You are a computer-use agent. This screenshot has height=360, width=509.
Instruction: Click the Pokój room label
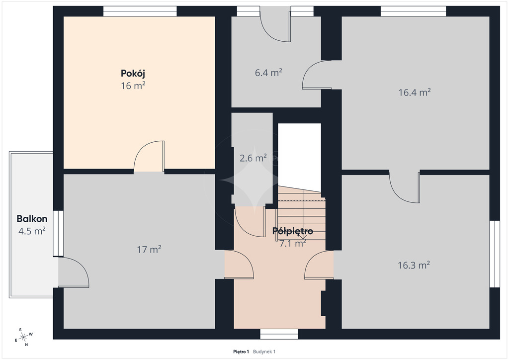click(x=133, y=74)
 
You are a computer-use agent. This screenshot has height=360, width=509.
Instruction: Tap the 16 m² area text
click(x=133, y=86)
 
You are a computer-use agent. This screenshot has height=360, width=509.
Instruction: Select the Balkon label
click(x=32, y=218)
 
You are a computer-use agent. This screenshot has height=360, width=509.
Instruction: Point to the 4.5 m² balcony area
click(x=32, y=231)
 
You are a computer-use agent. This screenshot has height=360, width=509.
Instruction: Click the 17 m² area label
click(x=149, y=249)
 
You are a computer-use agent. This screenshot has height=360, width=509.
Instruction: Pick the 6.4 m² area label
click(x=268, y=73)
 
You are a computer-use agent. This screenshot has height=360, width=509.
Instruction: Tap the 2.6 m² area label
click(x=253, y=158)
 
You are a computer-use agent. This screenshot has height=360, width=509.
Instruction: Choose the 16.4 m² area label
click(x=415, y=92)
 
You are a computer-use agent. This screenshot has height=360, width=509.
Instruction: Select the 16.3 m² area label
click(x=414, y=265)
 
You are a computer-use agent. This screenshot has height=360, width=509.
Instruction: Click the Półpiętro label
click(x=292, y=231)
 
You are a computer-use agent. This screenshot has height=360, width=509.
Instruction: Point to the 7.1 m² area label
click(x=293, y=243)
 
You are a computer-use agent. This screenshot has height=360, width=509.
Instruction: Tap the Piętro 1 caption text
click(x=241, y=352)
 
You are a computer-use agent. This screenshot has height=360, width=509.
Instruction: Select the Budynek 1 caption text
click(x=264, y=352)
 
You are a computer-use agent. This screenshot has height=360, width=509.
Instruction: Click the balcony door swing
click(x=74, y=272)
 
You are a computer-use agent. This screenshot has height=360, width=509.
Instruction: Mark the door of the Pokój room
click(x=149, y=156)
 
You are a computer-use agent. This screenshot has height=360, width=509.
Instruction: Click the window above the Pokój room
click(x=140, y=11)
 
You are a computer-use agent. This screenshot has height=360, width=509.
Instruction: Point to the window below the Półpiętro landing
click(x=279, y=334)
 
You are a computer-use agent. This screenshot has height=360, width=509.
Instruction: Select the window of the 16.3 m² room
click(x=495, y=254)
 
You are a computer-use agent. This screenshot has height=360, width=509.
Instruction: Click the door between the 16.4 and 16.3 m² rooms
click(x=405, y=187)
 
